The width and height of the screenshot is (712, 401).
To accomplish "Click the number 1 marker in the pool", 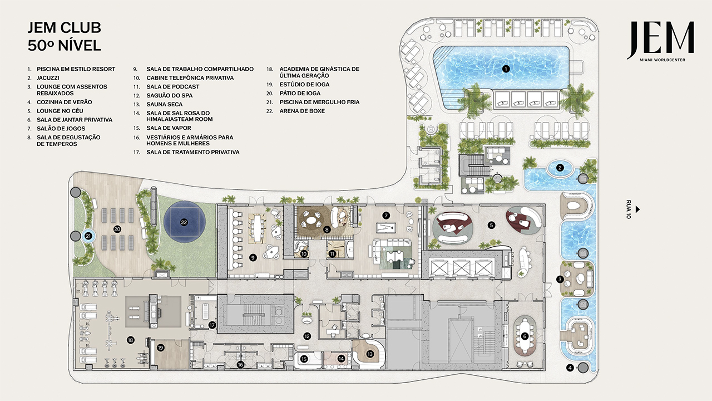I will [x=506, y=69].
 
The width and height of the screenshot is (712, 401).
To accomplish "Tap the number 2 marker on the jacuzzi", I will [x=560, y=167].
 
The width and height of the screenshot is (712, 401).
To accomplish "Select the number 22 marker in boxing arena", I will [x=184, y=222].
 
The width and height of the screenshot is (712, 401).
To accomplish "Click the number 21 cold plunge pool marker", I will [x=88, y=236].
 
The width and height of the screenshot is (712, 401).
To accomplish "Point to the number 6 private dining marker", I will [x=525, y=336].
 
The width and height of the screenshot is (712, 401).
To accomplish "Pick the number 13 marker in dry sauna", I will [x=369, y=353].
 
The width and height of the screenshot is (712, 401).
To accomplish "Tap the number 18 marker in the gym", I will [x=131, y=339].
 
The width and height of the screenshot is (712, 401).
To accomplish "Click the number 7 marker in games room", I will [x=385, y=214].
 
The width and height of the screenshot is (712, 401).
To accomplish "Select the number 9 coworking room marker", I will [x=253, y=257].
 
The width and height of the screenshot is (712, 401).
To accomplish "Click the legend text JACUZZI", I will [x=48, y=78].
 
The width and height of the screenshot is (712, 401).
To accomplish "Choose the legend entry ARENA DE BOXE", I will [x=302, y=111].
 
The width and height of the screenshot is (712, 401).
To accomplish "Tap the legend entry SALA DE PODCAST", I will [x=172, y=87].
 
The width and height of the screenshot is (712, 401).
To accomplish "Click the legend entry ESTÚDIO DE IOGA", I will [x=304, y=84].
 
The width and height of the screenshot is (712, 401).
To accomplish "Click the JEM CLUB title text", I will [x=65, y=28].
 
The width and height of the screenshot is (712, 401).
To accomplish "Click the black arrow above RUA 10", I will [x=638, y=209].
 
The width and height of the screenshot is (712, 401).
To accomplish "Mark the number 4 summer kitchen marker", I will [x=570, y=368].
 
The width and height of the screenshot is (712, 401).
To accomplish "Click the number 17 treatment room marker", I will [x=212, y=325].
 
